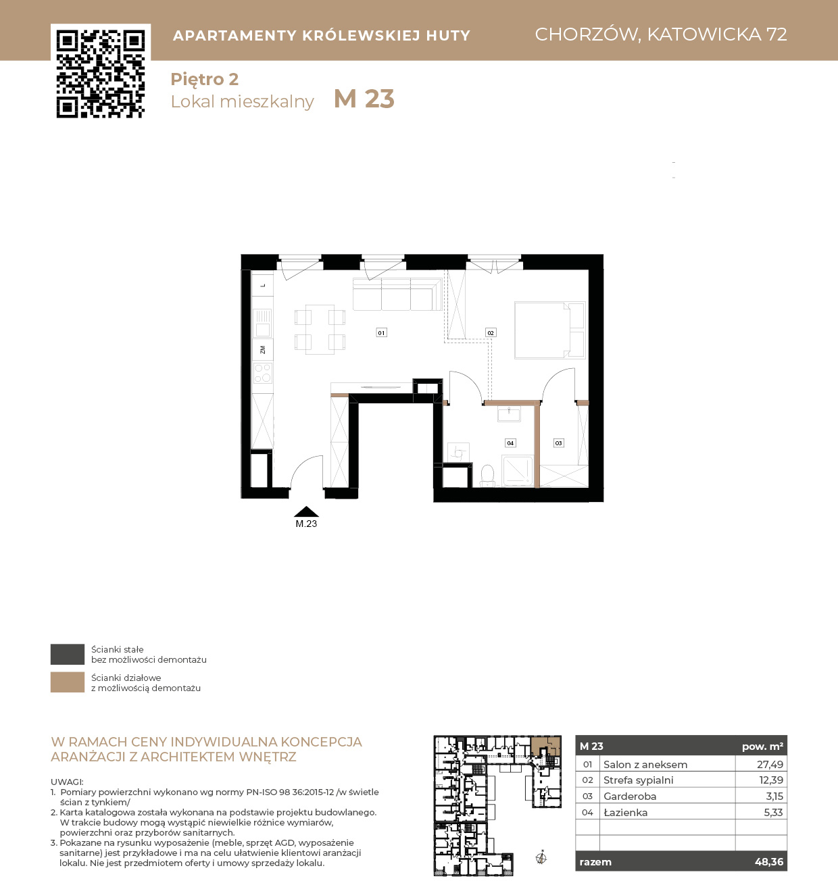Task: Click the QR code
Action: click(x=101, y=74)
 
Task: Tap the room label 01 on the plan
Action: click(x=381, y=332)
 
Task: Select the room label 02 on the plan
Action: click(x=491, y=332)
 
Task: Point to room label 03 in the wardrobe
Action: click(x=558, y=443)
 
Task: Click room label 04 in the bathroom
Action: click(x=510, y=443)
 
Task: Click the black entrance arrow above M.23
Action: click(x=306, y=511)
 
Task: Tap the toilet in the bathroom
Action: click(x=487, y=476)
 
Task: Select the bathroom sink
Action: click(x=509, y=413)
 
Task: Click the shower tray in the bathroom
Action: click(x=518, y=471)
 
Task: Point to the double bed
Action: click(x=550, y=330)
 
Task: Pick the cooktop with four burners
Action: click(x=262, y=373)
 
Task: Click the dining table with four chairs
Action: click(x=320, y=330)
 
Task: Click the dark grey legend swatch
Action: click(x=68, y=654)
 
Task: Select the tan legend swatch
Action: click(x=68, y=682)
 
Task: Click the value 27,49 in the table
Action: click(x=770, y=764)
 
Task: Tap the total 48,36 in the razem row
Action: click(x=769, y=862)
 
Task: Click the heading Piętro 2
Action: click(x=205, y=80)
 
